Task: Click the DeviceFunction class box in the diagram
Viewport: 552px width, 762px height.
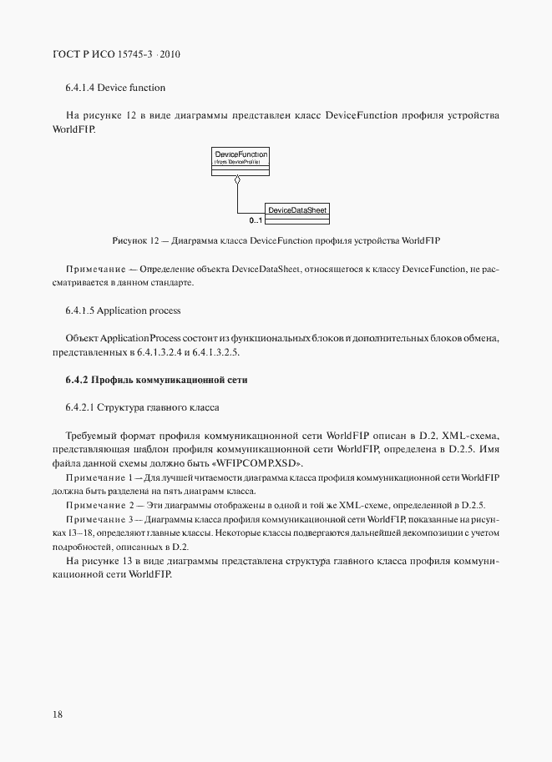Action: tap(241, 162)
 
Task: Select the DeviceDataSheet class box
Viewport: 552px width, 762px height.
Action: tap(296, 213)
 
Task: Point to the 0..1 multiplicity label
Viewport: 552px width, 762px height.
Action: tap(256, 221)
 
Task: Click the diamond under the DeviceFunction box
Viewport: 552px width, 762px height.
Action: tap(238, 179)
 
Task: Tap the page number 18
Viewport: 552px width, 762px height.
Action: tap(58, 714)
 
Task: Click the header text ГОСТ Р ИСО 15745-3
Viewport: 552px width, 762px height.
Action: tap(104, 55)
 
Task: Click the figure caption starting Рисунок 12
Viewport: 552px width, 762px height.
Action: tap(276, 240)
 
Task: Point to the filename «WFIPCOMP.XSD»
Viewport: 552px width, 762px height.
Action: tap(261, 463)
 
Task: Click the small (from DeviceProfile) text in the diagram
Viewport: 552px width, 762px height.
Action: tap(239, 162)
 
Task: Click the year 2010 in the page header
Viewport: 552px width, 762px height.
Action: tap(169, 55)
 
